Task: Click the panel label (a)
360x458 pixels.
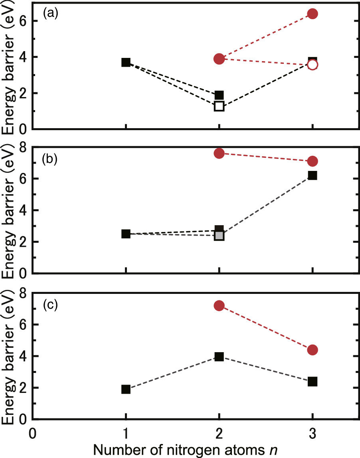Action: [51, 14]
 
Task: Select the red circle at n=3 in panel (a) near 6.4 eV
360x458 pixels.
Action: [313, 14]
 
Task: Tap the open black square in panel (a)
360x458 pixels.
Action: [219, 106]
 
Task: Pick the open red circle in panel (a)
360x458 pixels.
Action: [313, 65]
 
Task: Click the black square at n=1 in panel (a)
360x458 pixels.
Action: [126, 62]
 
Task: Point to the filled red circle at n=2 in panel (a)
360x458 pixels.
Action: [219, 59]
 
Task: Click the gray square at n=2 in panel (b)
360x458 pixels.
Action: [219, 236]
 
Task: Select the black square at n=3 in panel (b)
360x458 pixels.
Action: [313, 175]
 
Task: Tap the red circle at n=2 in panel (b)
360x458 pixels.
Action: [219, 153]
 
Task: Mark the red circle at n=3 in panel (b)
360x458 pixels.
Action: [313, 161]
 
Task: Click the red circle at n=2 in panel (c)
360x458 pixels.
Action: [219, 305]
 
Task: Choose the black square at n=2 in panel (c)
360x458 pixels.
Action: [219, 357]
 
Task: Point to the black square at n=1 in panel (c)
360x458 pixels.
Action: [126, 389]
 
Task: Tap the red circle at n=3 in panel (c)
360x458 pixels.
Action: [313, 350]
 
